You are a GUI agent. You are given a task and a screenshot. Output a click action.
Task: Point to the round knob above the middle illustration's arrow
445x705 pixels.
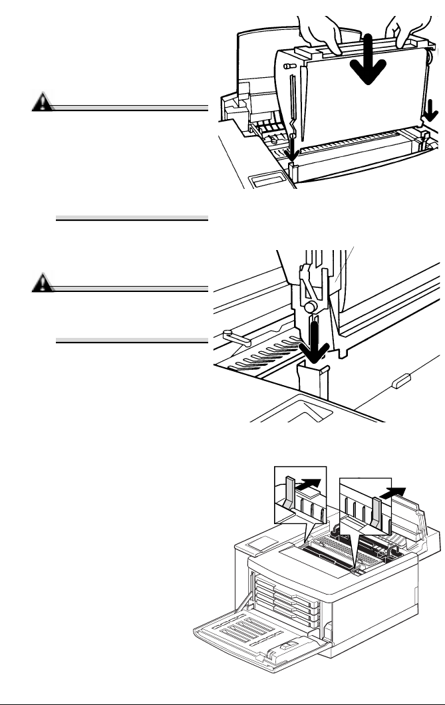(x=309, y=307)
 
